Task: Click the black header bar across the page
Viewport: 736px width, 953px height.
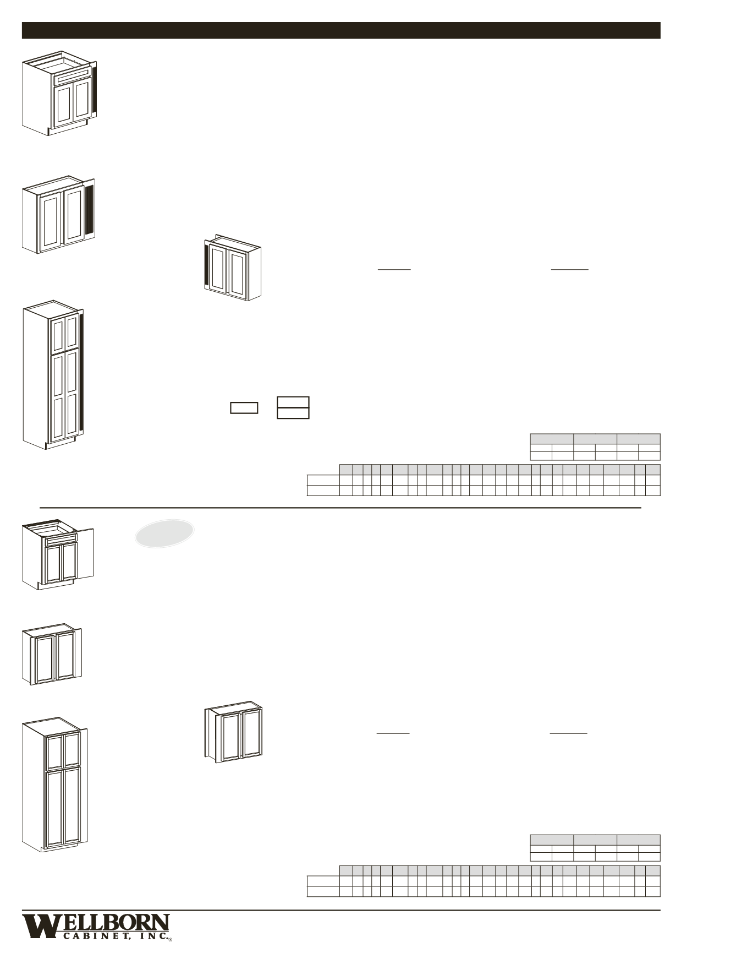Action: [x=341, y=30]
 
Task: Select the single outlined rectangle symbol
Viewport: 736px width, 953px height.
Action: [x=244, y=407]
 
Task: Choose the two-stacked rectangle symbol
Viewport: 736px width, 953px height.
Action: [x=293, y=407]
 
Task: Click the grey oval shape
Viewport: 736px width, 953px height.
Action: [x=164, y=533]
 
